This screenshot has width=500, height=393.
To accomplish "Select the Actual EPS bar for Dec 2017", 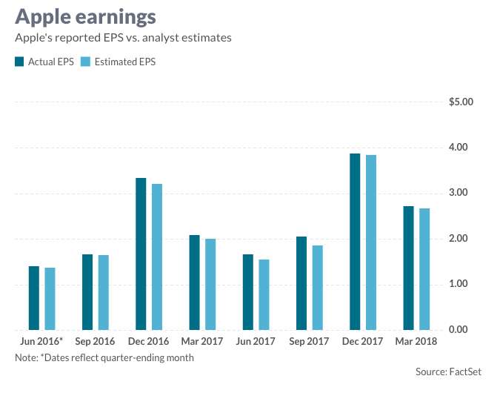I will [x=355, y=242].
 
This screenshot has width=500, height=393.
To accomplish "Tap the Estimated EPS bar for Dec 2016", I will [x=157, y=257].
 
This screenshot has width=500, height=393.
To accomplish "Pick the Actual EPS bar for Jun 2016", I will [x=34, y=298].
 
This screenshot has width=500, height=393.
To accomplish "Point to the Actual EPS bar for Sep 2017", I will [x=301, y=283].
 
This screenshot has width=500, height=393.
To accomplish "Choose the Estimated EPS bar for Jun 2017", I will [x=264, y=294].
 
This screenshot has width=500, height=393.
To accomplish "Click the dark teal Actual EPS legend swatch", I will [x=19, y=62].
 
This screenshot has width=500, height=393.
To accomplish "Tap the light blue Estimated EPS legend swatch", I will [x=85, y=62].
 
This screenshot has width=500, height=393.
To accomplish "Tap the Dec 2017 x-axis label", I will [x=362, y=342].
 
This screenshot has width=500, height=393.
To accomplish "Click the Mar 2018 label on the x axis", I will [x=416, y=342].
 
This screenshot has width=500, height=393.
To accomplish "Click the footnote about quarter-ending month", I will [x=104, y=357].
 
